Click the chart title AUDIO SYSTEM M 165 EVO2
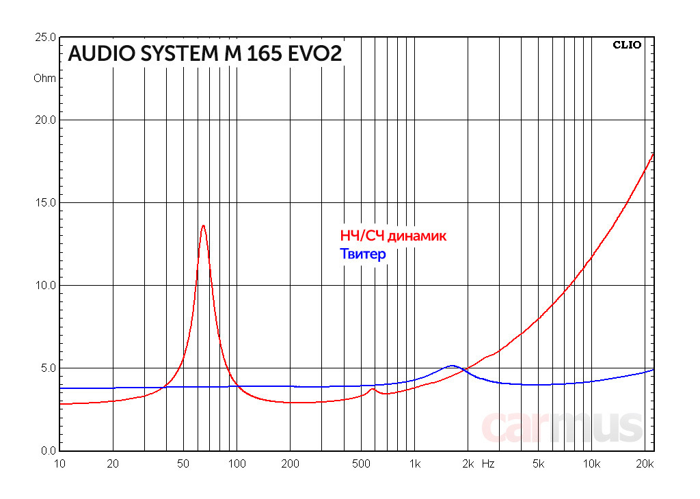point(204,54)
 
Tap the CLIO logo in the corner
point(627,45)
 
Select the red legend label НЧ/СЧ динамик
point(393,237)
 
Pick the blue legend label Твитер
point(363,254)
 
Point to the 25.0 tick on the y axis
point(45,37)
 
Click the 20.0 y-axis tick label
point(45,120)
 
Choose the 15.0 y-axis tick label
point(45,202)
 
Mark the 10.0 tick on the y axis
point(45,285)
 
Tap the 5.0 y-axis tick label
point(48,368)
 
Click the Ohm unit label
point(45,78)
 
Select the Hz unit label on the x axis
point(488,464)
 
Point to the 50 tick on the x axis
point(183,464)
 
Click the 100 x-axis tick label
point(237,464)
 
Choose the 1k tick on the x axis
point(414,464)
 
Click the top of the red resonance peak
point(203,226)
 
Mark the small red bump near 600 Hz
point(373,390)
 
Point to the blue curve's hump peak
point(451,366)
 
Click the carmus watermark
point(562,427)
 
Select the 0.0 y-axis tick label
point(48,450)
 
